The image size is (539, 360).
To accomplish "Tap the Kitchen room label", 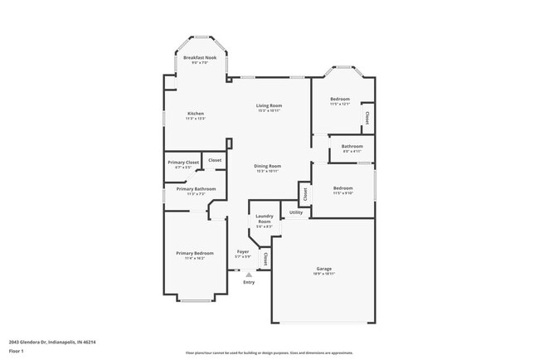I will (195, 114).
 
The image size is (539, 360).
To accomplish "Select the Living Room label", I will (269, 105).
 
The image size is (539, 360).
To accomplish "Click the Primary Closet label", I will (182, 163).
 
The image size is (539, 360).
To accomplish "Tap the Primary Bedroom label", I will (194, 253).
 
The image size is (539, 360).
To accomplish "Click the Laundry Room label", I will (264, 220).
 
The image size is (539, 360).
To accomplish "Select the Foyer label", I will (243, 251).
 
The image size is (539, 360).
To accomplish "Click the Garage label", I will (323, 269).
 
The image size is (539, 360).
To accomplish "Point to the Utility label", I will (296, 213).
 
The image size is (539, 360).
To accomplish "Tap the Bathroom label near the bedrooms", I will (352, 147).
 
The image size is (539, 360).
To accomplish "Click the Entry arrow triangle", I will (248, 275).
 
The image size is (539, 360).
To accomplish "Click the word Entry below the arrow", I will (248, 283).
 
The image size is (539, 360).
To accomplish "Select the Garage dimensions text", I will (323, 275).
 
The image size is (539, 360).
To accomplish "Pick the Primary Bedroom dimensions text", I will (194, 259).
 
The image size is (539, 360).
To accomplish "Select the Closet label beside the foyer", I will (265, 259).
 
